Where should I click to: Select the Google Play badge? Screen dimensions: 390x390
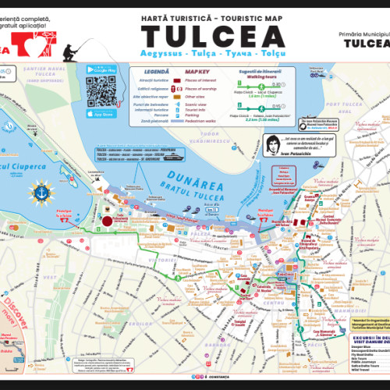(x=101, y=70)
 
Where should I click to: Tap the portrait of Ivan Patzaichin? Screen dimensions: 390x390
(x=275, y=145)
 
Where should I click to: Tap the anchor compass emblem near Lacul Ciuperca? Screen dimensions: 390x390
(x=40, y=192)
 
